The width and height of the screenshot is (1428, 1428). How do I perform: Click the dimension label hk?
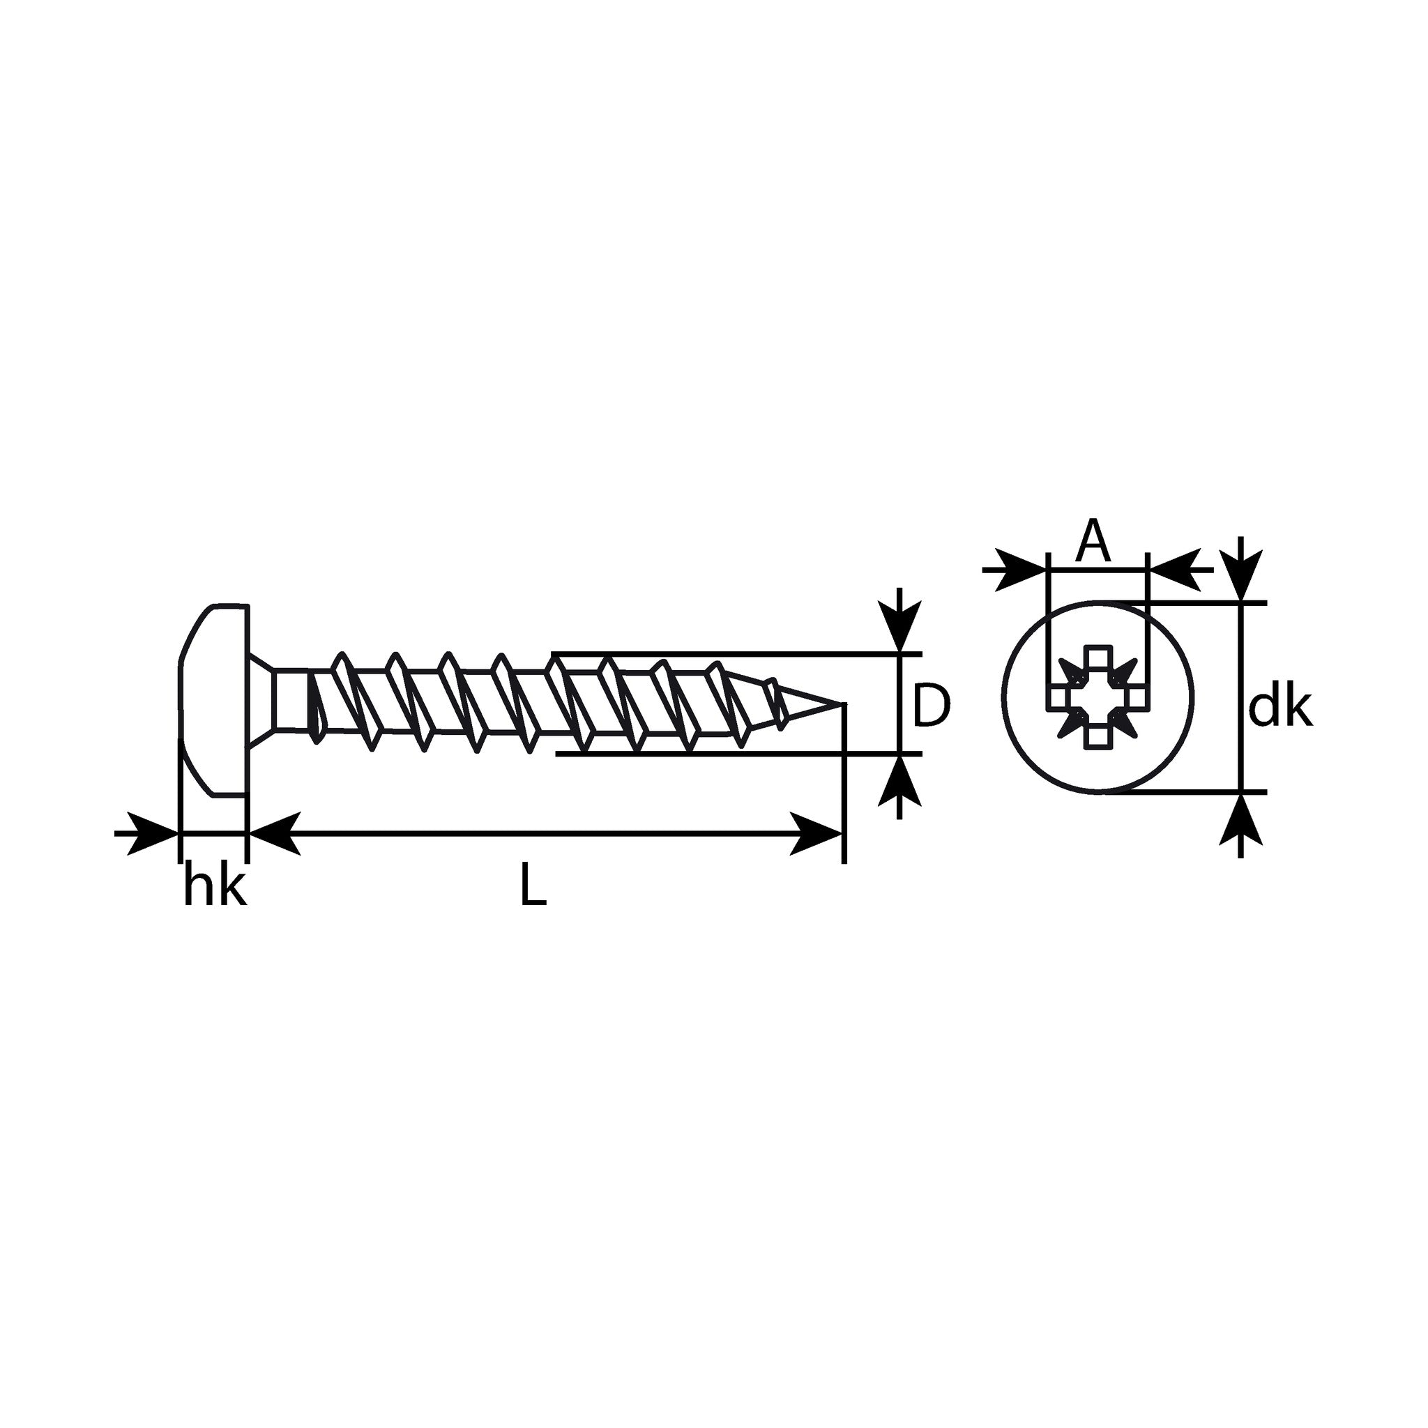(x=214, y=887)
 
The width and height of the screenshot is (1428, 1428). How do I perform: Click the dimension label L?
(x=533, y=886)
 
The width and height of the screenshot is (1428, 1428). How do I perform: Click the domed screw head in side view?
(x=213, y=701)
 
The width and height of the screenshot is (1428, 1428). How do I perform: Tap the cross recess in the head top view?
(x=1097, y=695)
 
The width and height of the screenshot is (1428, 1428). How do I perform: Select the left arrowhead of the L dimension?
(x=274, y=834)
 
